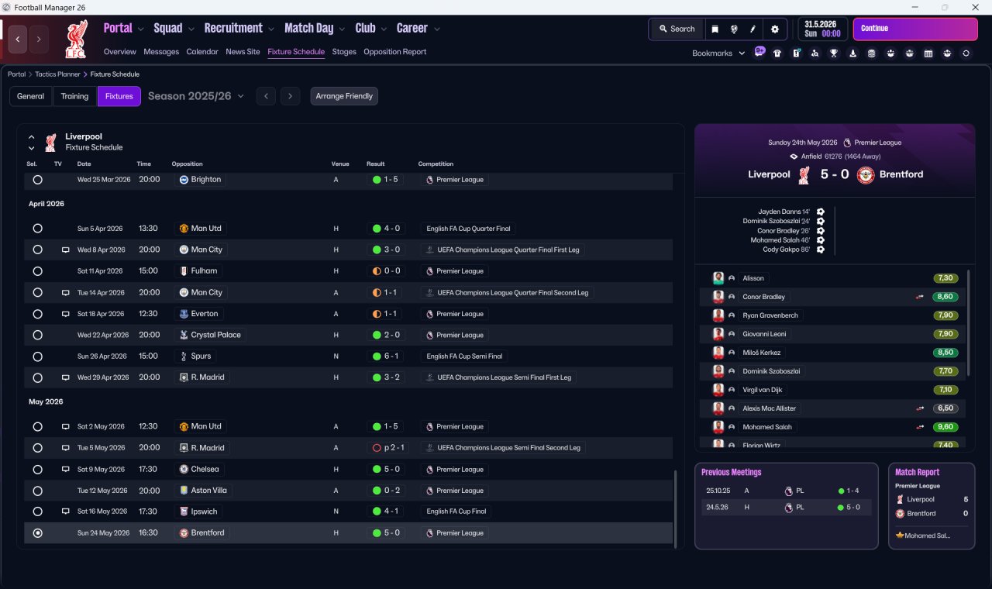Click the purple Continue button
(915, 29)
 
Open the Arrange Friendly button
(344, 96)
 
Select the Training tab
(74, 96)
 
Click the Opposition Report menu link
(394, 52)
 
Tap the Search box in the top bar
(677, 29)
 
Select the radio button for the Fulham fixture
(38, 271)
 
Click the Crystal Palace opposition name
(215, 335)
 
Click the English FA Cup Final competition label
(456, 511)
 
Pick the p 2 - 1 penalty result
(394, 448)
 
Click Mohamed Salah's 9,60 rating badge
(945, 427)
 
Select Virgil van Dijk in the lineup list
(762, 390)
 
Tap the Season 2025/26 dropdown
(196, 96)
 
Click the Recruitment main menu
(233, 29)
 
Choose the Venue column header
(340, 164)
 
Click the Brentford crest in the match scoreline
(866, 175)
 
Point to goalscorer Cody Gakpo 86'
(786, 250)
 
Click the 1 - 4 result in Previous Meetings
(852, 491)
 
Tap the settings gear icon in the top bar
(774, 29)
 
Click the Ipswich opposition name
(204, 511)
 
